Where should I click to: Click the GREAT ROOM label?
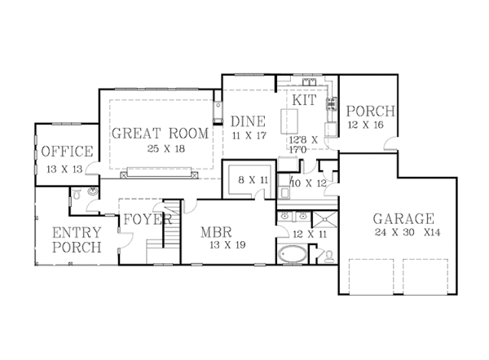click(x=160, y=134)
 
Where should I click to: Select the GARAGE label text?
click(x=403, y=218)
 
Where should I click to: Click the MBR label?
click(x=218, y=231)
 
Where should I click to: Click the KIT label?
click(x=304, y=99)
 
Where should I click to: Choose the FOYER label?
click(x=147, y=220)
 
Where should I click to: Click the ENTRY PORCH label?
click(x=77, y=239)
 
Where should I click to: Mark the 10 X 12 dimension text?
click(x=307, y=183)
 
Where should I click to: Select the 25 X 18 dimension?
click(x=159, y=150)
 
